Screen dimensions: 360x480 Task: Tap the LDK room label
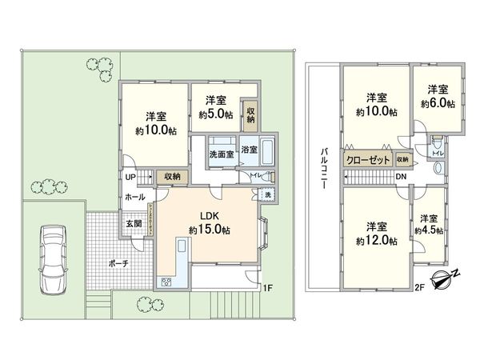(210, 215)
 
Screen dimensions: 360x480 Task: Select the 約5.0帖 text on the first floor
(215, 115)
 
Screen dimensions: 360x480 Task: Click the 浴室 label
(249, 150)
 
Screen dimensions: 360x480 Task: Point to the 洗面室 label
(221, 154)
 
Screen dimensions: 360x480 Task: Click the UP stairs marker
(128, 177)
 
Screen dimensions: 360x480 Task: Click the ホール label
(134, 196)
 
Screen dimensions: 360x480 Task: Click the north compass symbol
(442, 279)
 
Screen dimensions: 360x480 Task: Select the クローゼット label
(368, 160)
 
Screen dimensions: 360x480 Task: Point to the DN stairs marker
(401, 177)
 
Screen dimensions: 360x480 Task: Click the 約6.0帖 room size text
(437, 102)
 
